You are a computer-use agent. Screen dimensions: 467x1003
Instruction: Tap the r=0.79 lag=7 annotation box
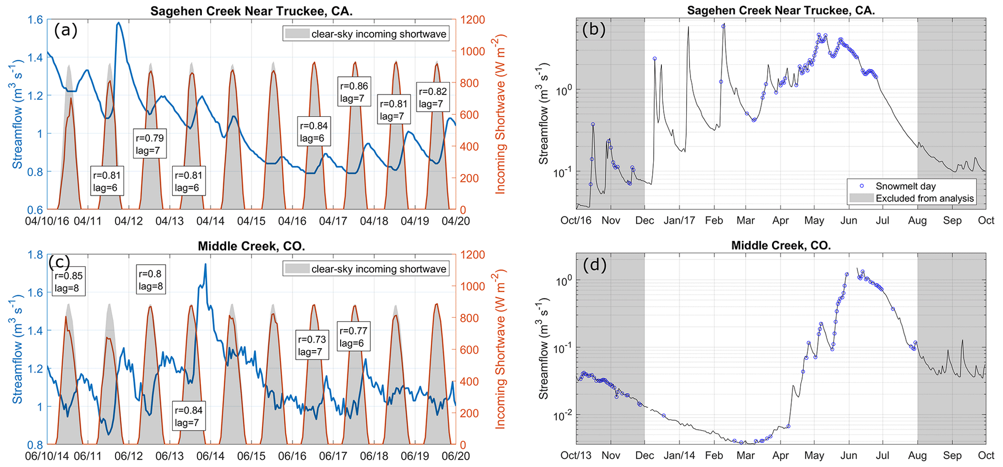pos(150,144)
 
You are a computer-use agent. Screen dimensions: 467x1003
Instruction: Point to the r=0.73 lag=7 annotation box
pos(312,345)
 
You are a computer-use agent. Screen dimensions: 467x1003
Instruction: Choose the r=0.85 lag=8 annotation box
pos(68,282)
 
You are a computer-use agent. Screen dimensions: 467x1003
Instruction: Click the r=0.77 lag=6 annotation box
pos(353,337)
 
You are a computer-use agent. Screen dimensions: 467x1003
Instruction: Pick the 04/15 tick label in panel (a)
pos(251,221)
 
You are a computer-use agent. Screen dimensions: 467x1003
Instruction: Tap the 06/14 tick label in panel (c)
pos(210,456)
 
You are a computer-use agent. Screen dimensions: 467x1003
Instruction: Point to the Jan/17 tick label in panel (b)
pos(679,221)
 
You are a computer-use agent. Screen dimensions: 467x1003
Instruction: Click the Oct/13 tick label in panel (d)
pos(576,456)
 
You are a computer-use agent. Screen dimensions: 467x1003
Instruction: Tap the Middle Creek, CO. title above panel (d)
pos(781,246)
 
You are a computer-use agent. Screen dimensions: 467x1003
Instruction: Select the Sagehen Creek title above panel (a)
pos(251,11)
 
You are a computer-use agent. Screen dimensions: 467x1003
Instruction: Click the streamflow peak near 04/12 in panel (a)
pos(118,22)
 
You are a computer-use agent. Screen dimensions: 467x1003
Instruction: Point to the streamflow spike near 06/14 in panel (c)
pos(205,265)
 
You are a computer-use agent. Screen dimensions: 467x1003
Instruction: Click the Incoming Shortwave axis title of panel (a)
pos(500,114)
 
